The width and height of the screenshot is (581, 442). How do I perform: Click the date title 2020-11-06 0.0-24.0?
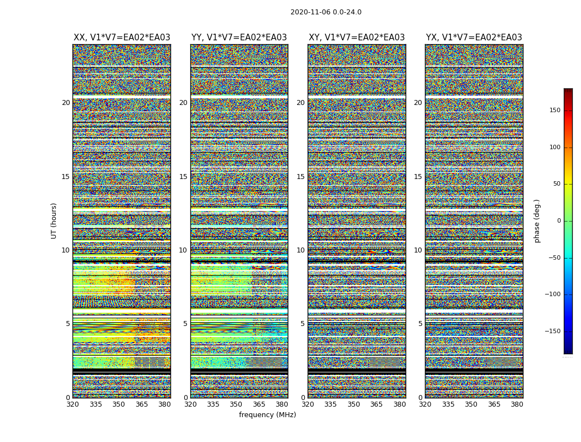(326, 12)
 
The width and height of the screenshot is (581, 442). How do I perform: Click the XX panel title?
(122, 38)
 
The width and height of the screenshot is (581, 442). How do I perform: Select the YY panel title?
(239, 38)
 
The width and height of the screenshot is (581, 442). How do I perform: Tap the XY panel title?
(356, 38)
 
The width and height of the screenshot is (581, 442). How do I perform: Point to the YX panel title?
(474, 38)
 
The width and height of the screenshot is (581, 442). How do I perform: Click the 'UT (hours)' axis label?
(54, 220)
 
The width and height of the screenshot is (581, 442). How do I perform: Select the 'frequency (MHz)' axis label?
(267, 415)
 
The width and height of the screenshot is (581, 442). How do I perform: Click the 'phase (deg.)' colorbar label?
(537, 220)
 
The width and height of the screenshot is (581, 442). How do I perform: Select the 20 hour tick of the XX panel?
(66, 103)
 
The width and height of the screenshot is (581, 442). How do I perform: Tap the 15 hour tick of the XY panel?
(300, 177)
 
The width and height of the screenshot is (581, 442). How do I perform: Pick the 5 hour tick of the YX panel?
(420, 324)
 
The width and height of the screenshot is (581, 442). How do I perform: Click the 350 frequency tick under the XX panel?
(118, 404)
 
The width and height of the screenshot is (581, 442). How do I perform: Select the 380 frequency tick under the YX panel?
(517, 404)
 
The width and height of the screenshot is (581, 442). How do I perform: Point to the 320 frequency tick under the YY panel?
(190, 404)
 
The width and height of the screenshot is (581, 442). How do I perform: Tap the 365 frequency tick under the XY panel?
(376, 404)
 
